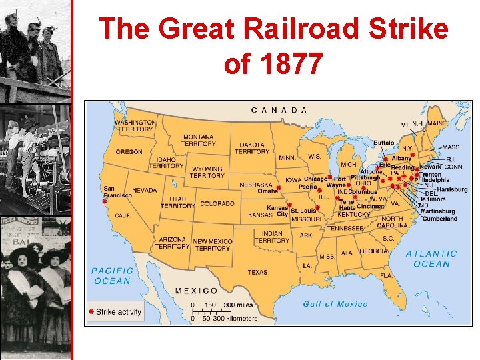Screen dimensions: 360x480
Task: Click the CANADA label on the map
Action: pos(279,109)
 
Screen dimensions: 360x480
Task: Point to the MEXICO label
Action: pos(196,291)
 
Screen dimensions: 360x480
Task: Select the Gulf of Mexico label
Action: pos(335,304)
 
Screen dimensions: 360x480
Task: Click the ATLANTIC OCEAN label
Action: pos(431,258)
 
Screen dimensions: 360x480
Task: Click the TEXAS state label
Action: pos(257,272)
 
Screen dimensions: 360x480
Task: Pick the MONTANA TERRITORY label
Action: pos(198,140)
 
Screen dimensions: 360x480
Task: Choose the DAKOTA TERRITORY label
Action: pos(252,147)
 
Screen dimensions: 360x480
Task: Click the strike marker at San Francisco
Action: pos(104,201)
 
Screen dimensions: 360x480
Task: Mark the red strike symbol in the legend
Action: pos(91,312)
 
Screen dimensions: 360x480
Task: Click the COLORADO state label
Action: pos(217,203)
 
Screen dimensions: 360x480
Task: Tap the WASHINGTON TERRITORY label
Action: pos(135,126)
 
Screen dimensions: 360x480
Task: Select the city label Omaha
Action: pos(267,191)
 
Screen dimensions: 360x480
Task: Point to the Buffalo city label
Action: pos(383,143)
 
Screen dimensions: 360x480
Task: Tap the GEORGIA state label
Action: pos(373,251)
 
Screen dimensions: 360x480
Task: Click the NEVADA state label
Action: pos(144,191)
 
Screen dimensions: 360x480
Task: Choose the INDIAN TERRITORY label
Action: pos(272,237)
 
